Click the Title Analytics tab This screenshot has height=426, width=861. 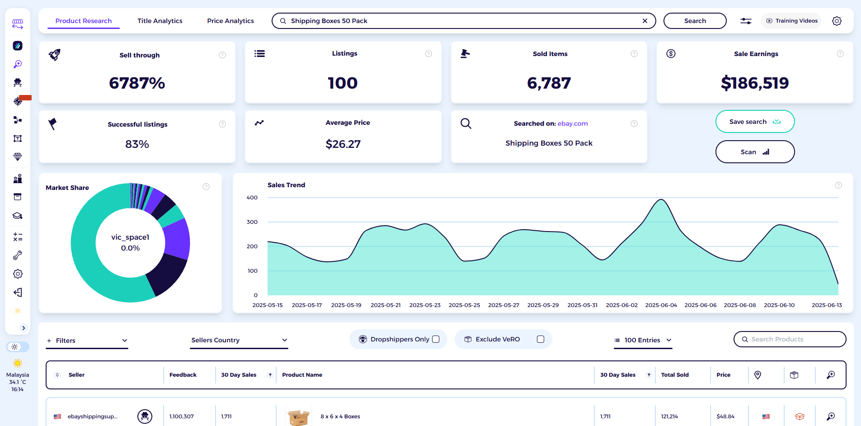click(160, 21)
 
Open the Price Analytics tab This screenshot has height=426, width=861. click(231, 21)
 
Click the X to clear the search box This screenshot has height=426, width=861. click(645, 21)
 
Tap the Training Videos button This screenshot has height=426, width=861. click(792, 21)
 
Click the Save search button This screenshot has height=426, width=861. click(755, 122)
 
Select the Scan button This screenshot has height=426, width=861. click(755, 152)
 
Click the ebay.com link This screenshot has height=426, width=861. click(573, 123)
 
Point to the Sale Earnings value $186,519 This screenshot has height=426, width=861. click(755, 83)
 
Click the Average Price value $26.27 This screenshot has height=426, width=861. click(343, 144)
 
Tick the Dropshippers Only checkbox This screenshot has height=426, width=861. click(436, 339)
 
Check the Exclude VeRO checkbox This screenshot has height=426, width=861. click(541, 339)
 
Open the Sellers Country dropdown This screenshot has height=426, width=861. click(239, 340)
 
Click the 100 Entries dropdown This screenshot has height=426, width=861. click(643, 340)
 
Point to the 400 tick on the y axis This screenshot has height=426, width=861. click(252, 198)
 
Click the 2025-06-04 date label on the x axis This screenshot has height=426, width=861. click(661, 305)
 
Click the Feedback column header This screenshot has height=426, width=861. click(183, 375)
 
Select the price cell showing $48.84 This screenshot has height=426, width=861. click(725, 417)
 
